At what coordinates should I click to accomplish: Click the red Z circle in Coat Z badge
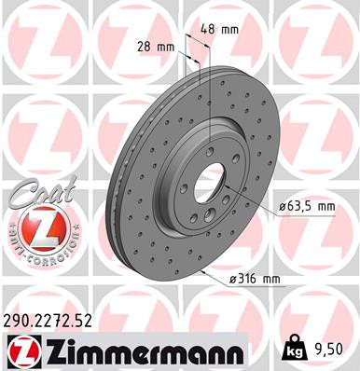35,228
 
